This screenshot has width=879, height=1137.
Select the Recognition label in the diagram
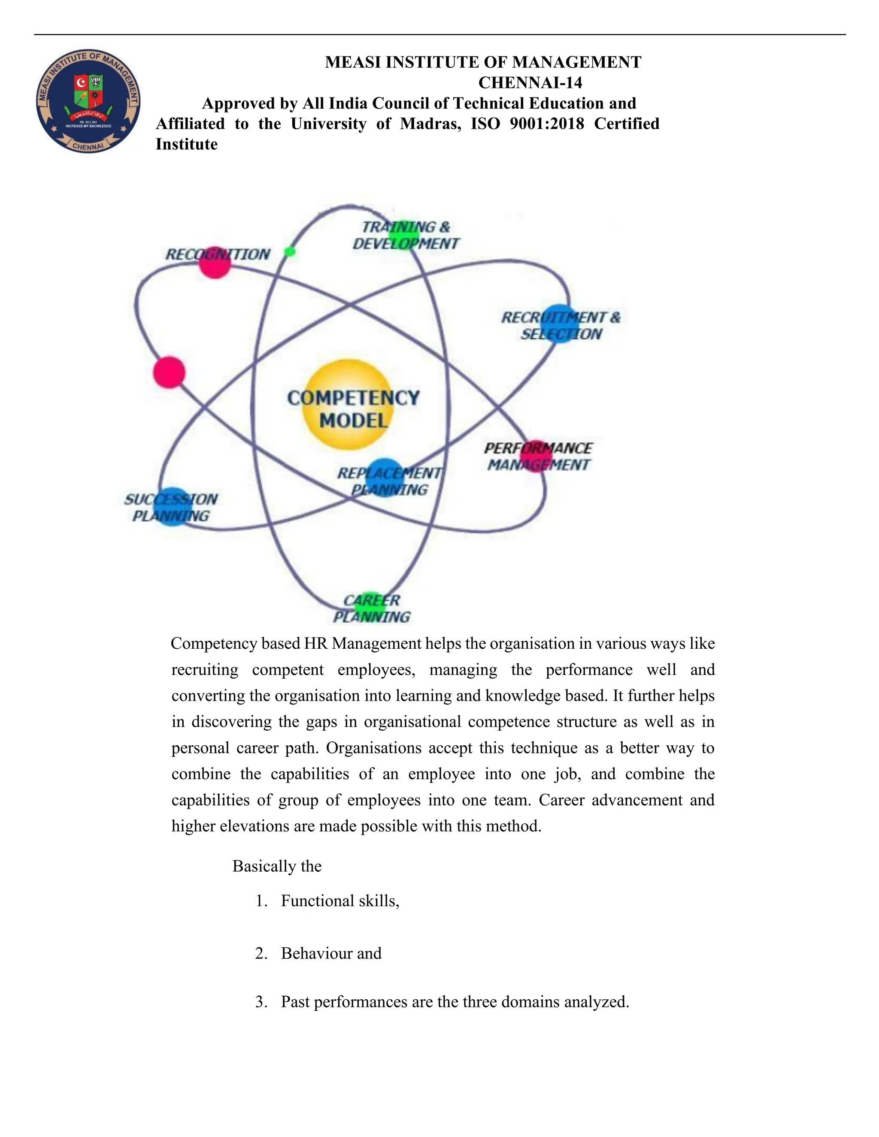coord(218,254)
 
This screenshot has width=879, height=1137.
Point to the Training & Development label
coord(406,235)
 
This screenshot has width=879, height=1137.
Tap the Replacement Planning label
coord(389,481)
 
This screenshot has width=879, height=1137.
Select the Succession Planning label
coord(171,508)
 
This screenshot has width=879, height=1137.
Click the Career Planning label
coord(372,608)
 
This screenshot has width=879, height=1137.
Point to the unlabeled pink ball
coord(169,372)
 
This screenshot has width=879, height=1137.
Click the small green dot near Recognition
coord(290,252)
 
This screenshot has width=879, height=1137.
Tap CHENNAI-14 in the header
coord(530,83)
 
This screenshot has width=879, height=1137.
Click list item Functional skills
coord(339,901)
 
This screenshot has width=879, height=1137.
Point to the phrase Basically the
coord(276,866)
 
